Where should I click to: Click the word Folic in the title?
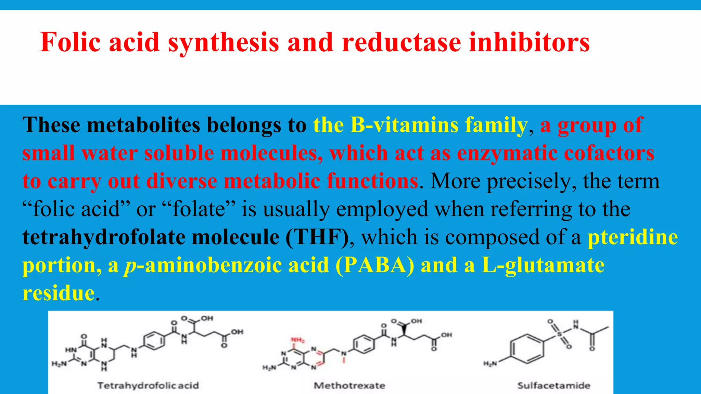[71, 42]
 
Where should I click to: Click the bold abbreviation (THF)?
[317, 237]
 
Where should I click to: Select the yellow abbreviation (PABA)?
[375, 265]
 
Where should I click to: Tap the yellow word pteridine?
[633, 237]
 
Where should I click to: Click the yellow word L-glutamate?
[543, 265]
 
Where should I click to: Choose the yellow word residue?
[59, 293]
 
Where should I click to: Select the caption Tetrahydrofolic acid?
[148, 385]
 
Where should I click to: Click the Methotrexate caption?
[349, 385]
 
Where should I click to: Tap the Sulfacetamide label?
[553, 385]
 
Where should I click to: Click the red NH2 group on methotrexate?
[297, 340]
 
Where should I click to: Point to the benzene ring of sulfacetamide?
[527, 349]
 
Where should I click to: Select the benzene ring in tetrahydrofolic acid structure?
[154, 341]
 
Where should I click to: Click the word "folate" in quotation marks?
[199, 209]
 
